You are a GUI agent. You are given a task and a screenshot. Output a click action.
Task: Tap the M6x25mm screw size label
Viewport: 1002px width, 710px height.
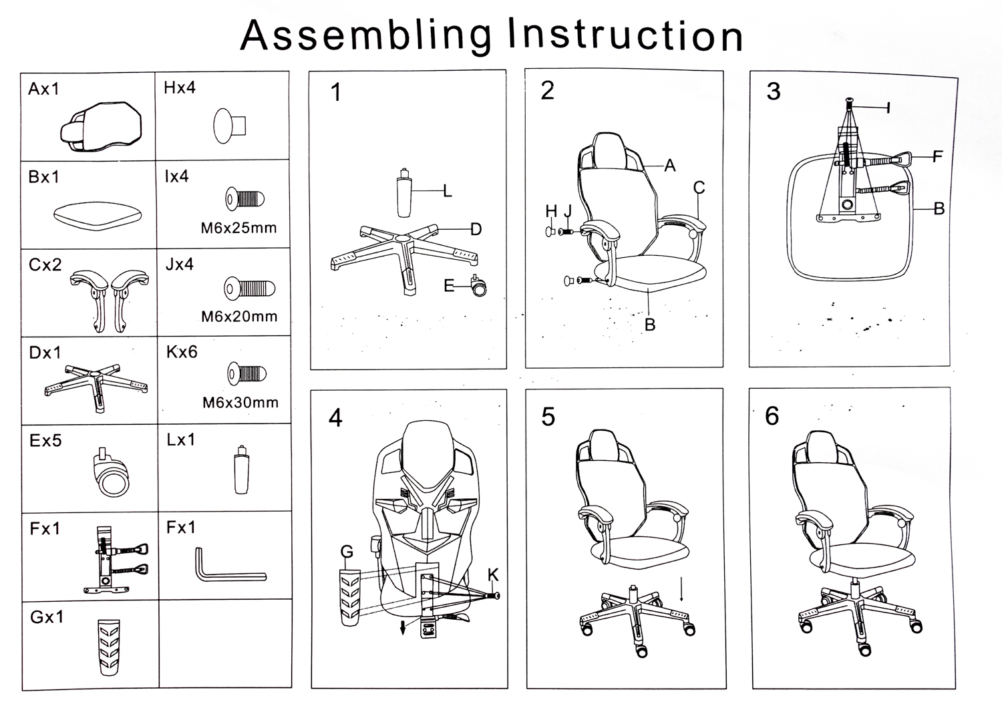coord(238,228)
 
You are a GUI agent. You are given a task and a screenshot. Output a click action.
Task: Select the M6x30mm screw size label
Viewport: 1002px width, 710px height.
coord(240,403)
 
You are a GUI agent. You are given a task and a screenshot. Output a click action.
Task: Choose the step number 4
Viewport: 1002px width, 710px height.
coord(335,418)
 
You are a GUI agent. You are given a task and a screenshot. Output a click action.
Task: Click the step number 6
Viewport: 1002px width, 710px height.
coord(772,416)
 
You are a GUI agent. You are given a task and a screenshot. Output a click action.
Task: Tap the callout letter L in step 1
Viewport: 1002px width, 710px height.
coord(448,192)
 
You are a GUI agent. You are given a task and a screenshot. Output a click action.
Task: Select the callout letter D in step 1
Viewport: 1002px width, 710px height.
coord(476,230)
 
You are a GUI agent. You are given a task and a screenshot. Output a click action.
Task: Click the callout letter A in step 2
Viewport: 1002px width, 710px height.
coord(670,166)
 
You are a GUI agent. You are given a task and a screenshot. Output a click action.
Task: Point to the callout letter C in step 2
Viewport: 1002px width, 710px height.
coord(699,188)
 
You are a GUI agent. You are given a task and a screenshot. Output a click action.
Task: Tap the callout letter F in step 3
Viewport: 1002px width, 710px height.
coord(937,157)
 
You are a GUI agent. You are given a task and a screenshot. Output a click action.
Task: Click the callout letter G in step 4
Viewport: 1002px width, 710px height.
coord(347,552)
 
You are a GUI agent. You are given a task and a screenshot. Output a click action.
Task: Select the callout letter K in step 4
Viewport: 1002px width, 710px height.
coord(493,575)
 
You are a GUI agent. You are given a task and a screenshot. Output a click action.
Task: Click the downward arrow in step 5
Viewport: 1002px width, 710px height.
coord(681,588)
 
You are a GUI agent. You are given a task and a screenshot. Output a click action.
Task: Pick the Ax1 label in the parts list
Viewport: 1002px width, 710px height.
coord(44,89)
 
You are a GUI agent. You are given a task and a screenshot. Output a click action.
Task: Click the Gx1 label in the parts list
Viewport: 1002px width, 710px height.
coord(47,617)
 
